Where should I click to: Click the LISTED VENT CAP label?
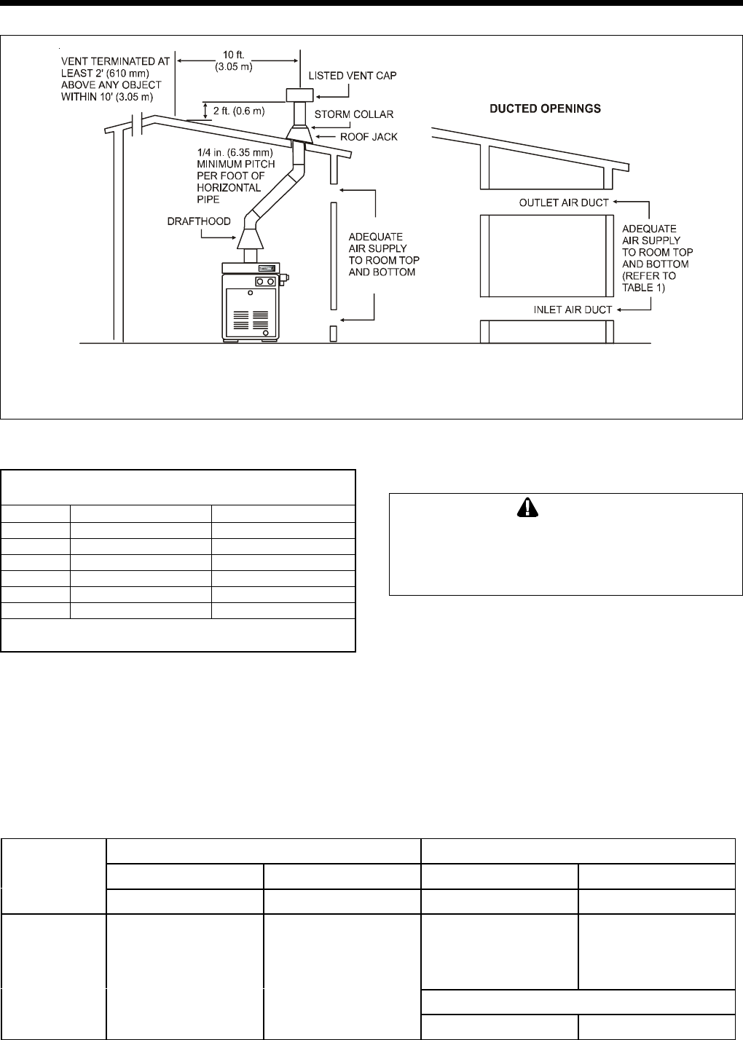coord(353,76)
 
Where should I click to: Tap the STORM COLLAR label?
coord(354,114)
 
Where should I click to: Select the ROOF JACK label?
coord(369,137)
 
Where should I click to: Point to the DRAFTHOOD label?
coord(199,221)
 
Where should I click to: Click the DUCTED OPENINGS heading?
coord(545,109)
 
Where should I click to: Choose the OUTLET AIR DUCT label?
coord(564,203)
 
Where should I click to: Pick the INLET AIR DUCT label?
coord(573,310)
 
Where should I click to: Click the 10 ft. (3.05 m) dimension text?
coord(234,61)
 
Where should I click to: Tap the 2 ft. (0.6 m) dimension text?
coord(239,111)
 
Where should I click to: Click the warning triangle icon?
coord(527,508)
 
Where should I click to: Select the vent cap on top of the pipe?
coord(299,95)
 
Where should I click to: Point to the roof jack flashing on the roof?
coord(300,133)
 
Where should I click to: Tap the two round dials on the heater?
coord(264,282)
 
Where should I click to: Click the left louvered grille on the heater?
coord(240,320)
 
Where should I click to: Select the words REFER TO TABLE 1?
coord(649,282)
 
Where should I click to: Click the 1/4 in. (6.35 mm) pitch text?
coord(235,152)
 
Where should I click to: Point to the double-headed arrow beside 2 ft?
coord(205,111)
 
